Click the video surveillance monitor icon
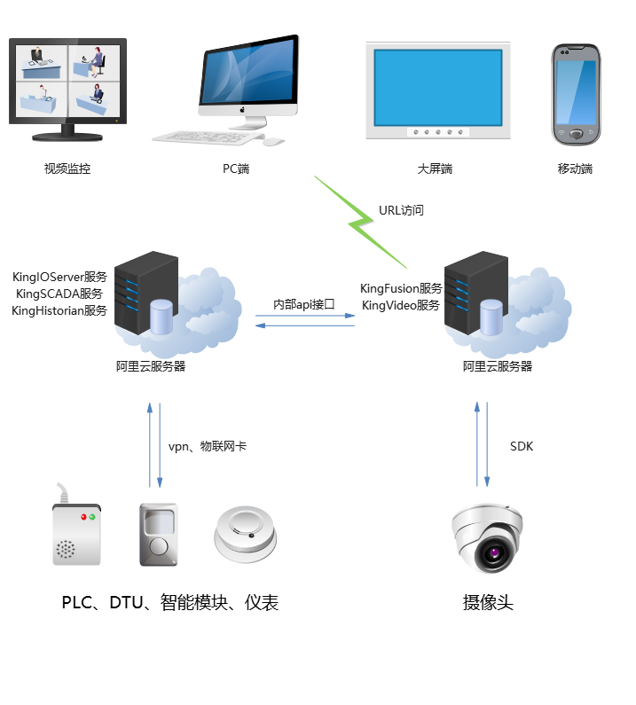click(x=67, y=87)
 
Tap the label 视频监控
click(x=67, y=168)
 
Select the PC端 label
click(x=236, y=168)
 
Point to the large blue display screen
click(x=437, y=86)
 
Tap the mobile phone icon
click(x=577, y=93)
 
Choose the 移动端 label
click(x=575, y=168)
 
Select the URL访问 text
click(x=402, y=211)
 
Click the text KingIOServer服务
click(x=59, y=277)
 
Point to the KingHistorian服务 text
click(x=59, y=310)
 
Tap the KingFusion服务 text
click(x=401, y=288)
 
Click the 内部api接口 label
click(x=303, y=304)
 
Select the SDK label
click(x=522, y=446)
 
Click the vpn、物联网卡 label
click(x=208, y=446)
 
